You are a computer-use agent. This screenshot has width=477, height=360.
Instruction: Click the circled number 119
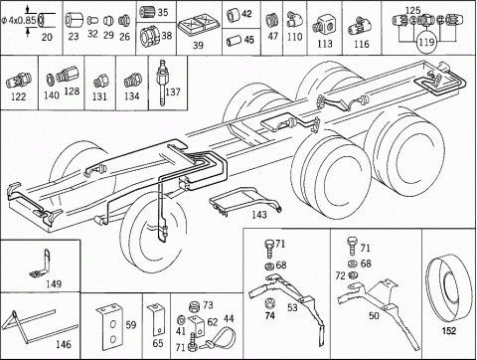(x=426, y=42)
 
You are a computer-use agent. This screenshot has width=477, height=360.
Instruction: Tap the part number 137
(x=173, y=91)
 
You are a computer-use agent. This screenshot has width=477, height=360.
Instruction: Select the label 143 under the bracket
(x=259, y=215)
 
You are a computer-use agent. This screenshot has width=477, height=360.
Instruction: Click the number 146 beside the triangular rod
(x=64, y=344)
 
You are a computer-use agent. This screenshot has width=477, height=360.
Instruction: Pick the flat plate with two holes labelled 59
(x=110, y=326)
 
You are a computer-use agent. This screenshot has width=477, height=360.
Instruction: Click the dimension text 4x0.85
(x=22, y=21)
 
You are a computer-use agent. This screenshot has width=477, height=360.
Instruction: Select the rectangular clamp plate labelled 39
(x=199, y=25)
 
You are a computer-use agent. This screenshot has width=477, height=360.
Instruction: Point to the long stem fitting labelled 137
(x=162, y=83)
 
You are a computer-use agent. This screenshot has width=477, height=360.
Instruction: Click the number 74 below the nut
(x=270, y=315)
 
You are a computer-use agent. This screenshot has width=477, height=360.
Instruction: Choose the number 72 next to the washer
(x=340, y=275)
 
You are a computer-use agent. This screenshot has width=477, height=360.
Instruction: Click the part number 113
(x=325, y=44)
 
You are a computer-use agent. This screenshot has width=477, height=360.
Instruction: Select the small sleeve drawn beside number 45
(x=234, y=41)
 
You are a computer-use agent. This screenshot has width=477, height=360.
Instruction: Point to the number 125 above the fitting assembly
(x=412, y=11)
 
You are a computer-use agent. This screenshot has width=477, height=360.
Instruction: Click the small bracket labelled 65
(x=156, y=320)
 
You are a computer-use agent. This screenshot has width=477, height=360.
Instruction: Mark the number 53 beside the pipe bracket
(x=292, y=308)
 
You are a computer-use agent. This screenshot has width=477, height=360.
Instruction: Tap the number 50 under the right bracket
(x=374, y=315)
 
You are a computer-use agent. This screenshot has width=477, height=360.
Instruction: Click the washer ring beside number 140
(x=51, y=79)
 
